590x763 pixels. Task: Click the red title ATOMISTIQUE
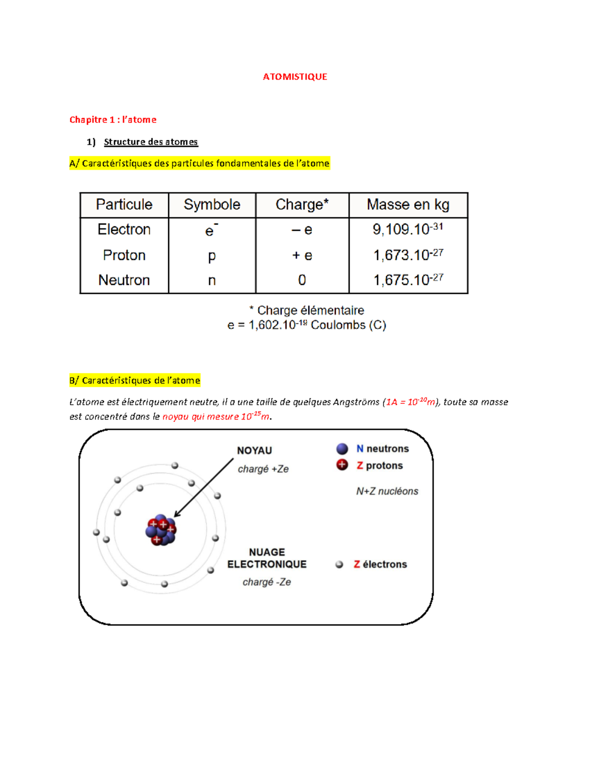click(295, 77)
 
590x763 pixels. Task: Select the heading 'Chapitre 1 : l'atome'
click(113, 119)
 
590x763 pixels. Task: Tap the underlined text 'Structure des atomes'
click(150, 142)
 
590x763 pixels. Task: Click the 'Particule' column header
click(124, 204)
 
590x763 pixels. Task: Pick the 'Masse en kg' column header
click(408, 204)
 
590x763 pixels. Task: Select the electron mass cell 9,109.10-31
click(408, 229)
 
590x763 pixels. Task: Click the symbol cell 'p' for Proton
click(211, 255)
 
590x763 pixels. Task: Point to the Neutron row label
click(124, 280)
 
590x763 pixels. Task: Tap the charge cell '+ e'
click(302, 255)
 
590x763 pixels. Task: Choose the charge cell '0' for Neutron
click(302, 280)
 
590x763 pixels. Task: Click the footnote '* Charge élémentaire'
click(306, 310)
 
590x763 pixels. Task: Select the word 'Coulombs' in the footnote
click(338, 325)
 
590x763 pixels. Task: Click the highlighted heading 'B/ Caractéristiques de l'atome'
click(135, 380)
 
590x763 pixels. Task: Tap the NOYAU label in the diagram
click(254, 451)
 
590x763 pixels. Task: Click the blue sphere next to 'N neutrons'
click(342, 449)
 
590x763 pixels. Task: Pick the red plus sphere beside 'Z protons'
click(342, 465)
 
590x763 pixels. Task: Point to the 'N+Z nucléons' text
click(387, 491)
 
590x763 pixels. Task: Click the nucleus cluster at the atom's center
click(161, 530)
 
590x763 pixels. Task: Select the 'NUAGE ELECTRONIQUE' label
click(266, 559)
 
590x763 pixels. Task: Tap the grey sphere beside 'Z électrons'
click(339, 565)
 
